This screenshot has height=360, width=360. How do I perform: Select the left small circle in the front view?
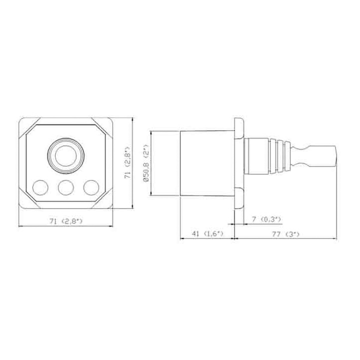coord(40,187)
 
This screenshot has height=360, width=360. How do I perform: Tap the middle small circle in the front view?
coord(66,187)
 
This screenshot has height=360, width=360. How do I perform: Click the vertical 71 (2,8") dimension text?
coord(127,163)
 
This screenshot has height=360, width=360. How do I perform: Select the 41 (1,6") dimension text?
coord(207,233)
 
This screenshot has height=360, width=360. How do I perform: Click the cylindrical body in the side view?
coord(206,163)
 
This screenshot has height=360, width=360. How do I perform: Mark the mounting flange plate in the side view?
coord(238,163)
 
